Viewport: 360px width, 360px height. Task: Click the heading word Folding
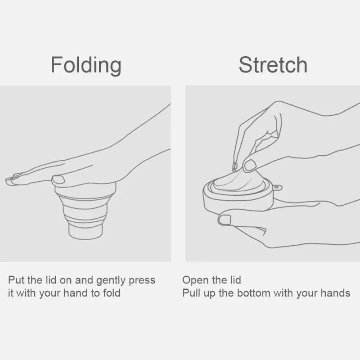(86, 65)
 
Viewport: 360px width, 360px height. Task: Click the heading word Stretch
(273, 65)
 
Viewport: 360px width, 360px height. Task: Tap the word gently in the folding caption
(111, 281)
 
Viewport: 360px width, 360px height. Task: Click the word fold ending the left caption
(112, 293)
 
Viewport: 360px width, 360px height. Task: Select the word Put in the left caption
(16, 280)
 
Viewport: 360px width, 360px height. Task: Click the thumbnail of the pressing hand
(58, 180)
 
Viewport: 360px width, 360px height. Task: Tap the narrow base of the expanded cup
(85, 231)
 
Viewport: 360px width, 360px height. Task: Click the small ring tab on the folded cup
(277, 188)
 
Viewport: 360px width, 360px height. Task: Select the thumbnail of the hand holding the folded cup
(225, 220)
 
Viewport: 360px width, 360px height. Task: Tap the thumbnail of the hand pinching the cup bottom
(250, 165)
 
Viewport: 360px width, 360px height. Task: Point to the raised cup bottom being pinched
(239, 181)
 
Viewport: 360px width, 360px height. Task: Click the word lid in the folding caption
(51, 280)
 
